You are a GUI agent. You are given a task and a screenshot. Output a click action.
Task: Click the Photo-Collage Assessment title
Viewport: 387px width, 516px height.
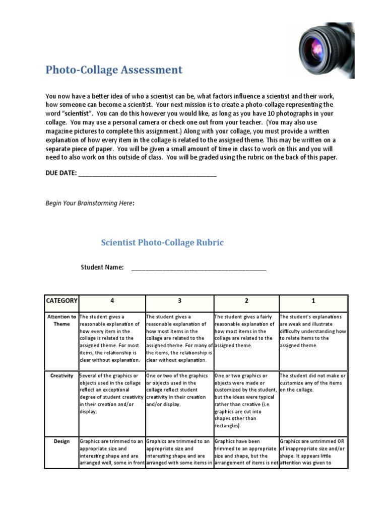click(x=114, y=70)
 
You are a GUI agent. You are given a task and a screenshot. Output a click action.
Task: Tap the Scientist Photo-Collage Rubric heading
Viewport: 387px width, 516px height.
click(x=162, y=242)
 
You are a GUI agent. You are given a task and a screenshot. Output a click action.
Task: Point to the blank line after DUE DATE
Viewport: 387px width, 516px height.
click(x=148, y=174)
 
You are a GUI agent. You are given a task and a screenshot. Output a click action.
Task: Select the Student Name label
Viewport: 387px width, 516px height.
click(x=102, y=267)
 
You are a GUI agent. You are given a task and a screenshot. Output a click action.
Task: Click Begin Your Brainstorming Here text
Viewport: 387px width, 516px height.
click(x=90, y=203)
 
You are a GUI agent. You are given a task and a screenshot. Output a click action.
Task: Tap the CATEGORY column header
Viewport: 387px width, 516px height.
click(x=61, y=301)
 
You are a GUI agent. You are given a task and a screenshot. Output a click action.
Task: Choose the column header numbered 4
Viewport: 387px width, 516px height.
click(x=112, y=301)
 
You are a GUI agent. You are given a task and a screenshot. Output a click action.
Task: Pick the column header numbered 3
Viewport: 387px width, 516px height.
click(x=179, y=301)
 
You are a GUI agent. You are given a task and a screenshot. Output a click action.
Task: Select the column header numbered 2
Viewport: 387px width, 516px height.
click(x=246, y=301)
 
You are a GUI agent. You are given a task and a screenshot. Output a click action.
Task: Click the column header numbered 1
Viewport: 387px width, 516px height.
click(x=313, y=301)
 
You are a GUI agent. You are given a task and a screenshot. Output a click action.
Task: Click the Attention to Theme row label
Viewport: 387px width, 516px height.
click(x=61, y=320)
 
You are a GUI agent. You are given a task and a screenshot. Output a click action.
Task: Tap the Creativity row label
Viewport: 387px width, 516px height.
click(x=61, y=376)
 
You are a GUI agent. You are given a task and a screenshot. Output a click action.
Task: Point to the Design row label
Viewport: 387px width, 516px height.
click(x=61, y=441)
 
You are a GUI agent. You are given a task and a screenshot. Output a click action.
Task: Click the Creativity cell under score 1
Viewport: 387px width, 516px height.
click(x=313, y=383)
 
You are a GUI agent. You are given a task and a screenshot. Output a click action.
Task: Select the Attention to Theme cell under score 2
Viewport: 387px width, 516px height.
click(x=246, y=331)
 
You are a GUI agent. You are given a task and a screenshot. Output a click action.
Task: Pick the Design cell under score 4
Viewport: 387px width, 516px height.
click(x=112, y=451)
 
